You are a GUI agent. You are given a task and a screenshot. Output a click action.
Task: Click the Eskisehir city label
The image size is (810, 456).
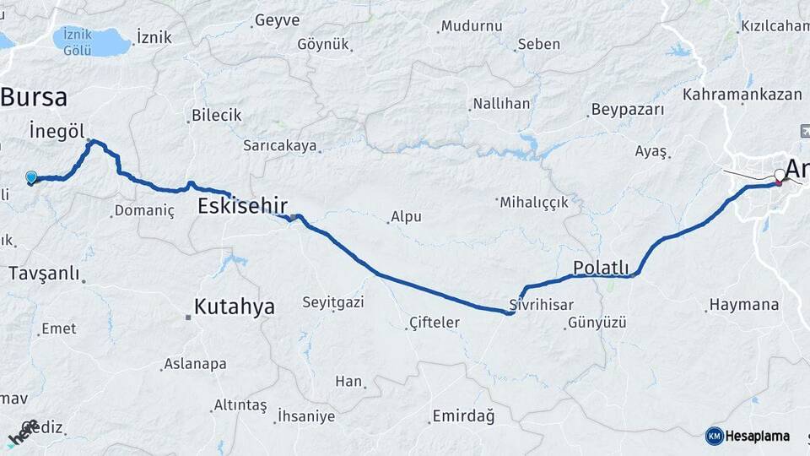click(243, 205)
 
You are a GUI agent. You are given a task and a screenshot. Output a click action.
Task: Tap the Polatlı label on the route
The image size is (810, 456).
click(602, 267)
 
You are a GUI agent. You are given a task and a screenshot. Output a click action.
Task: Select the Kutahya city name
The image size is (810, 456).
click(235, 307)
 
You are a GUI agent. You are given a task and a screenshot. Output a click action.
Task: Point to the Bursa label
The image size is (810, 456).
click(34, 97)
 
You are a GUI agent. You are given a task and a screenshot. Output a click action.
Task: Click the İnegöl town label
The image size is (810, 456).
click(57, 131)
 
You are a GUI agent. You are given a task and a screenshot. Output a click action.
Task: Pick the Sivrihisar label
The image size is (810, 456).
click(542, 304)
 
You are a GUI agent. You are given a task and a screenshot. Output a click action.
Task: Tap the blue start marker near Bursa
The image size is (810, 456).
click(31, 176)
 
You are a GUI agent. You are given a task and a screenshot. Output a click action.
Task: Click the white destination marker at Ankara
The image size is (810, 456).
click(779, 176)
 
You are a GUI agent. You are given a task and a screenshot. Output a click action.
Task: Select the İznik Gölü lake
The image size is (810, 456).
click(91, 40)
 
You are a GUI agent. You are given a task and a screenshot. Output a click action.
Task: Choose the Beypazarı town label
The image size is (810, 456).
click(628, 109)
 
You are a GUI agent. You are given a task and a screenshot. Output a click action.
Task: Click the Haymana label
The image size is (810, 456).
click(744, 304)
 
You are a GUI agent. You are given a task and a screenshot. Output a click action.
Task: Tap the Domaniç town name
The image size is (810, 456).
click(144, 210)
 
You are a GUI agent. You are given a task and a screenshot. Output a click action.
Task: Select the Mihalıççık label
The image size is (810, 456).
click(534, 202)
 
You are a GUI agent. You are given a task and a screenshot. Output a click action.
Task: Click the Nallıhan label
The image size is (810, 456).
click(501, 104)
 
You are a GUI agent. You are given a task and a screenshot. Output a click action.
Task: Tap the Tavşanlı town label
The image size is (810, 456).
click(44, 273)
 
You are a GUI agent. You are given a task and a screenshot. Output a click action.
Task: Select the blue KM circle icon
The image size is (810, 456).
click(714, 436)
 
